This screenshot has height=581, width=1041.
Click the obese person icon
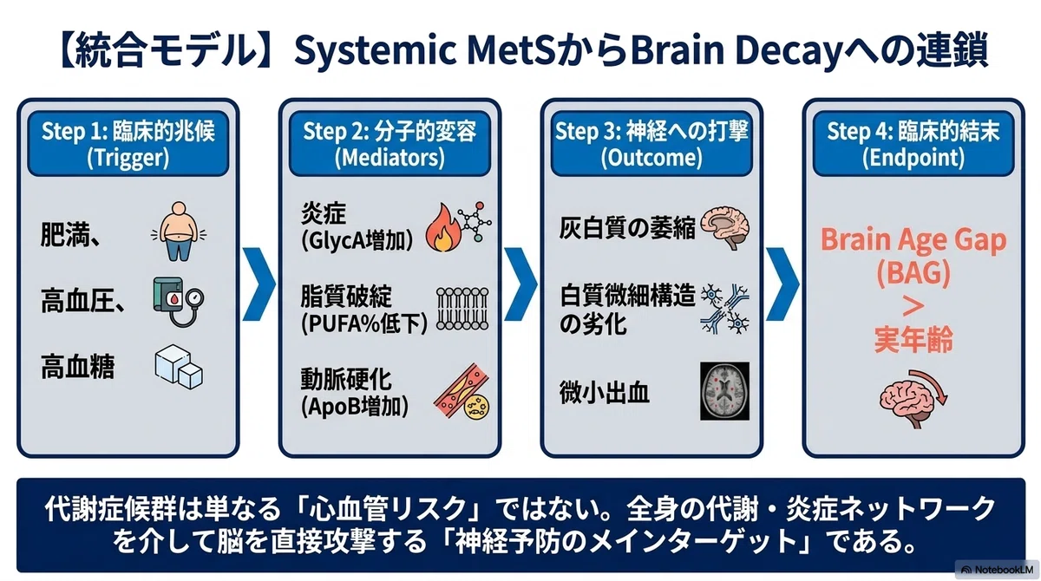(180, 231)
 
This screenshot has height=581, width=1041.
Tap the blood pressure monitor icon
(179, 302)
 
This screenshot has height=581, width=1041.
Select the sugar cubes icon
(179, 367)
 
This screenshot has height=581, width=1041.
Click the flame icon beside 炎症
(442, 227)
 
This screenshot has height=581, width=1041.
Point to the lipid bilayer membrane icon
(462, 309)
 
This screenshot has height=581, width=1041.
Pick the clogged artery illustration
(462, 391)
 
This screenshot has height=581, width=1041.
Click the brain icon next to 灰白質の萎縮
(725, 227)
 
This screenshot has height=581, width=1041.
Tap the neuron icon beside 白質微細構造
(725, 309)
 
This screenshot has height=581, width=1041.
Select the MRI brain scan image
(725, 391)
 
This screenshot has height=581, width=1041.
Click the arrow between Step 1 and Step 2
(259, 284)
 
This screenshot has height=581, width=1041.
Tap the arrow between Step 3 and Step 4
(782, 284)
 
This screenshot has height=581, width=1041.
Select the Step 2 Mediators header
(390, 143)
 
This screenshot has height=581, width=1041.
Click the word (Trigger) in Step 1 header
(128, 158)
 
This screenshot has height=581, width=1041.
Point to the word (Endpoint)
(913, 158)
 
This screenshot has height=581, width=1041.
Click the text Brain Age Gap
(913, 240)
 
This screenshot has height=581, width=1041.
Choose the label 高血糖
(77, 367)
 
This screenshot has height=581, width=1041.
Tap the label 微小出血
(604, 393)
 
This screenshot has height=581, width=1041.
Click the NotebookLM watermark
(998, 570)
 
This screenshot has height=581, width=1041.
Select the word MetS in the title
(511, 50)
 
